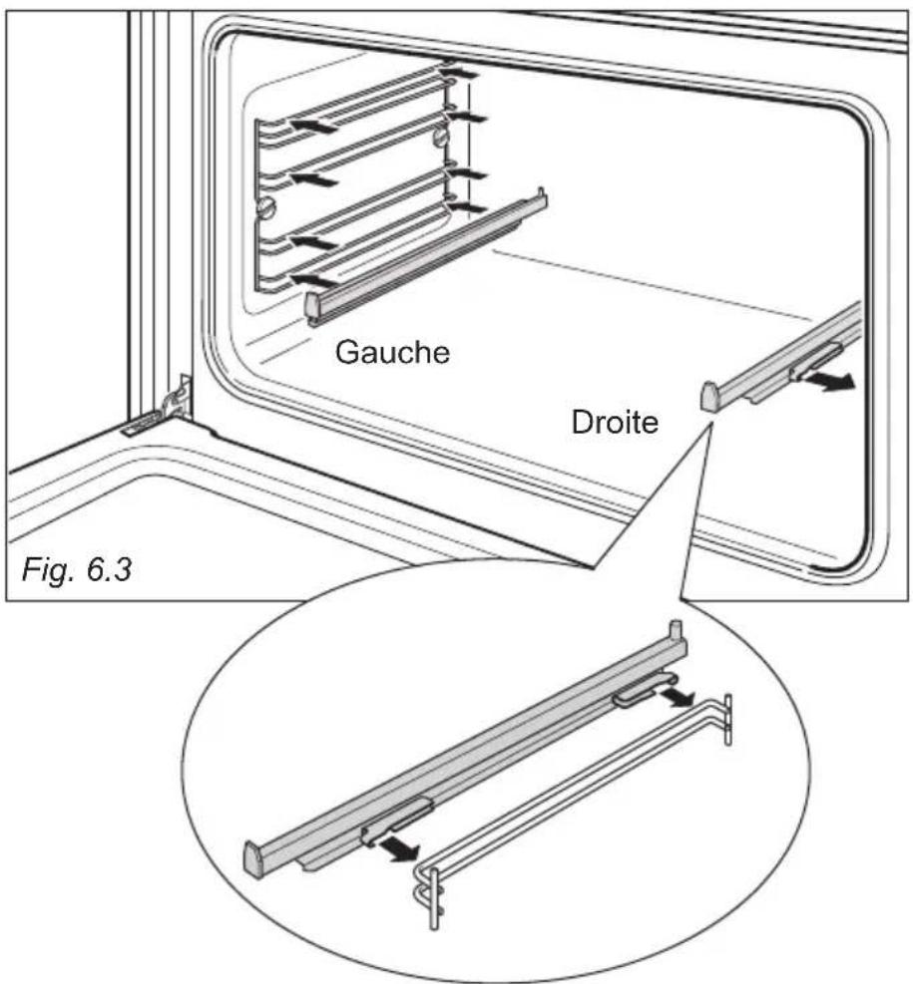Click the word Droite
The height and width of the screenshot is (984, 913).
click(615, 422)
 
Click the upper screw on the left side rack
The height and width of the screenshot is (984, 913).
click(442, 137)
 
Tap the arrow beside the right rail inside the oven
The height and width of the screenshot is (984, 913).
click(829, 381)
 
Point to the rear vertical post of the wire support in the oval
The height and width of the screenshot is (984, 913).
click(727, 719)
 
